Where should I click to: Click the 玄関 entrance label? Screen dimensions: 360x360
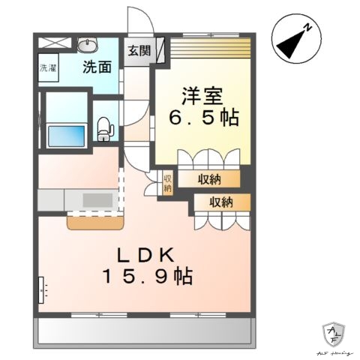pos(138,52)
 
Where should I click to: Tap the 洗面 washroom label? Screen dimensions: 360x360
pos(97,66)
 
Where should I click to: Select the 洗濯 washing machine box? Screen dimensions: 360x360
pos(48,67)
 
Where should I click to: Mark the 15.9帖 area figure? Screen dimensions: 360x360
pos(147,277)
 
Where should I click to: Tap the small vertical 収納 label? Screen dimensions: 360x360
pos(168,183)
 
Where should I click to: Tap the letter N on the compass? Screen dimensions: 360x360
pos(308,28)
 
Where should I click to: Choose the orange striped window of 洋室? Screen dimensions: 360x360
pos(210,49)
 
